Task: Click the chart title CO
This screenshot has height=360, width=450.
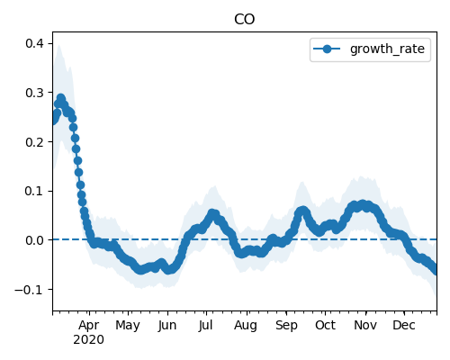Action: click(x=244, y=19)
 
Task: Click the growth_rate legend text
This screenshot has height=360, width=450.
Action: click(x=387, y=49)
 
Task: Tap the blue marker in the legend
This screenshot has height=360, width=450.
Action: click(x=327, y=49)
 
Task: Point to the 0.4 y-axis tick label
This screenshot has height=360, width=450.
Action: click(x=34, y=43)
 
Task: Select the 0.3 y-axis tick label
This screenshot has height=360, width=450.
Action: click(x=34, y=93)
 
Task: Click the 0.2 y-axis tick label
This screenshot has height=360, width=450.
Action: click(x=34, y=142)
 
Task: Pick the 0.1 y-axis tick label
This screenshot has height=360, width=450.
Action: click(x=34, y=191)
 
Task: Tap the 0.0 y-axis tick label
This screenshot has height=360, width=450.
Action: click(x=34, y=240)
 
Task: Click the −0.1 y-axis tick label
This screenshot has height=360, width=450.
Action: click(x=29, y=290)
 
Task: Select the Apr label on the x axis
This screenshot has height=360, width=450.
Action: click(x=89, y=326)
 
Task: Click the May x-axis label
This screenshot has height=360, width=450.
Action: click(x=128, y=326)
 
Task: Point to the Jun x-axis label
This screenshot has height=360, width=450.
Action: click(x=167, y=325)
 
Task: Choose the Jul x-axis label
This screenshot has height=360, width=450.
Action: click(x=205, y=325)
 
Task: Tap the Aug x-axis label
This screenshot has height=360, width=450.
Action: click(x=246, y=326)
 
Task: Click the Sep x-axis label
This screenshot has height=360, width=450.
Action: click(x=286, y=326)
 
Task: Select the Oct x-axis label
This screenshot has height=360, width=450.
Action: click(x=325, y=325)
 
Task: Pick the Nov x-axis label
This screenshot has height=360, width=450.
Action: click(x=365, y=325)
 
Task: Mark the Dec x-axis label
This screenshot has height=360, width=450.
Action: click(x=404, y=325)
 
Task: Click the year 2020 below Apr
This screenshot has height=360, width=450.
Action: click(x=89, y=340)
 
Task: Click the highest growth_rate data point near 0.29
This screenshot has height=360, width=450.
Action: click(x=61, y=98)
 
